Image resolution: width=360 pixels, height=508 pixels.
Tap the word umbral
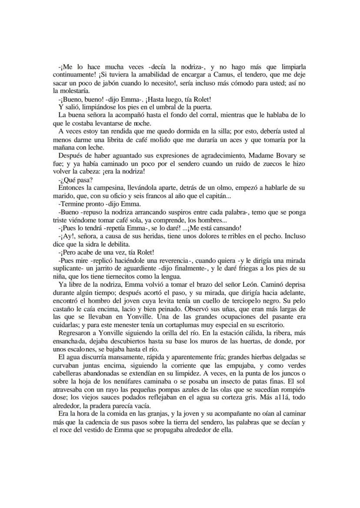tap(159, 107)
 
